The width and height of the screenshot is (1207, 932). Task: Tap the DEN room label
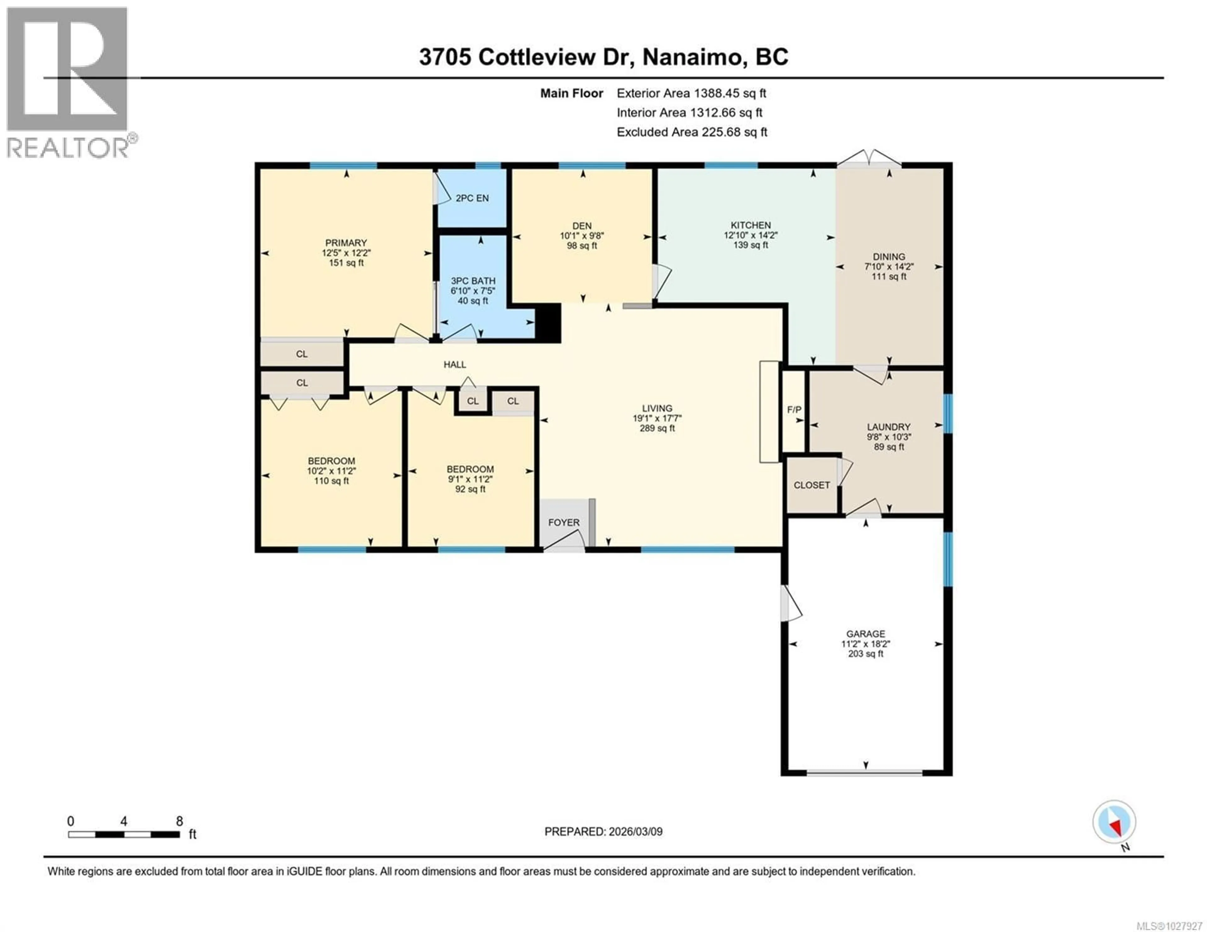pos(581,226)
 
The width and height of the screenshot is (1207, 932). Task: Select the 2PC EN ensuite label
pos(472,198)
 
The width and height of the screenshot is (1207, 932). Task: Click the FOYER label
pos(564,522)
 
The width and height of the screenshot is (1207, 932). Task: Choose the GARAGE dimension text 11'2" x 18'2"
pos(865,644)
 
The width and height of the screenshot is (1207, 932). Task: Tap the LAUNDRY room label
pos(888,427)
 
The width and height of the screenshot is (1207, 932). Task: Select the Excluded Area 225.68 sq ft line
pos(692,132)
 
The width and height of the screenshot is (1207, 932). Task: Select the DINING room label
pos(889,256)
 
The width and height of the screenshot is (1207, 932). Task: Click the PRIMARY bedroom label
pos(346,243)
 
